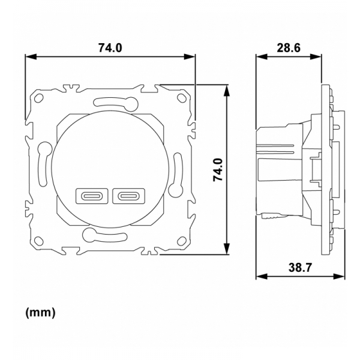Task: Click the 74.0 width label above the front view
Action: coord(110,46)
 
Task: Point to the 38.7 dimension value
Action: coord(300,268)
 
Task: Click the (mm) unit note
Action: coord(41,313)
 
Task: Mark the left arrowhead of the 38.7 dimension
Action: coord(259,277)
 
